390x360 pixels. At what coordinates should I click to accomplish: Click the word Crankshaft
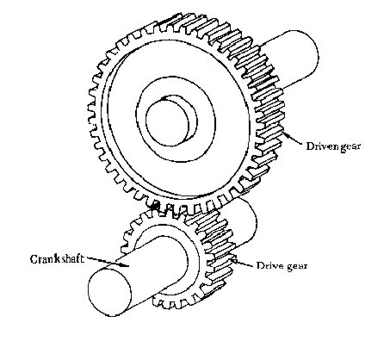point(57,259)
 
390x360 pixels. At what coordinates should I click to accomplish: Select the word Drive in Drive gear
point(268,265)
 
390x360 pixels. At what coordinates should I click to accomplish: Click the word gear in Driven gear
point(350,146)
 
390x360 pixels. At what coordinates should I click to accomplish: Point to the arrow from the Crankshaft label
point(108,262)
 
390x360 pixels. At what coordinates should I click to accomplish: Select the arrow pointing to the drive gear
point(243,263)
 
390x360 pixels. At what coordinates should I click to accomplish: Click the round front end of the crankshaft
point(110,292)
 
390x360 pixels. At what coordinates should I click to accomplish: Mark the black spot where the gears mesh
point(155,205)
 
